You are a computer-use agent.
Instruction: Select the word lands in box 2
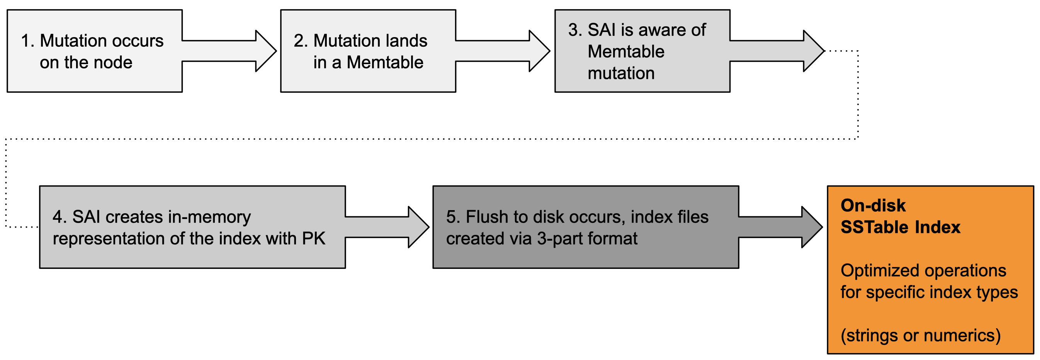(406, 41)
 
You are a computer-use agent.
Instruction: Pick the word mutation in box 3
(620, 73)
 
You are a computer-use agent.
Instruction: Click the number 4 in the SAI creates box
(58, 217)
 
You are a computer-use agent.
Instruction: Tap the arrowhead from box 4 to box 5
(418, 227)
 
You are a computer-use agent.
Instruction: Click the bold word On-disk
(873, 205)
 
